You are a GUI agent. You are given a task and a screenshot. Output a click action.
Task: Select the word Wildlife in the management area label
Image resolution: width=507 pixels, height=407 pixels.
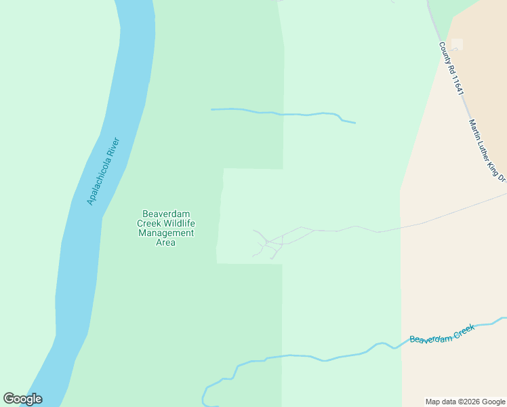click(180, 223)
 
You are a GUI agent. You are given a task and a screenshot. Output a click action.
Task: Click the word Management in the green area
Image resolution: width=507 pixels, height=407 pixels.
click(166, 233)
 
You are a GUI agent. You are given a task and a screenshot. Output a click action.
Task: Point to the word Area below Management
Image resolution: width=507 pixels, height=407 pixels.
click(166, 242)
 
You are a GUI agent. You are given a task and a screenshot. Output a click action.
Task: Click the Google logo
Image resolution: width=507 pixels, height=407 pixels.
click(23, 399)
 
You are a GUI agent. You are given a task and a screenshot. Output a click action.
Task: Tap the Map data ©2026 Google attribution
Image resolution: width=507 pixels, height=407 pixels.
click(466, 402)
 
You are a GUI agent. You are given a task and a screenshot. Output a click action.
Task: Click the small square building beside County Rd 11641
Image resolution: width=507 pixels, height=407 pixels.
click(458, 44)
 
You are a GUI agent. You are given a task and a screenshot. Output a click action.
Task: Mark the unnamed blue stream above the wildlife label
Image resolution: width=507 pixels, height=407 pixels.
click(285, 113)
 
